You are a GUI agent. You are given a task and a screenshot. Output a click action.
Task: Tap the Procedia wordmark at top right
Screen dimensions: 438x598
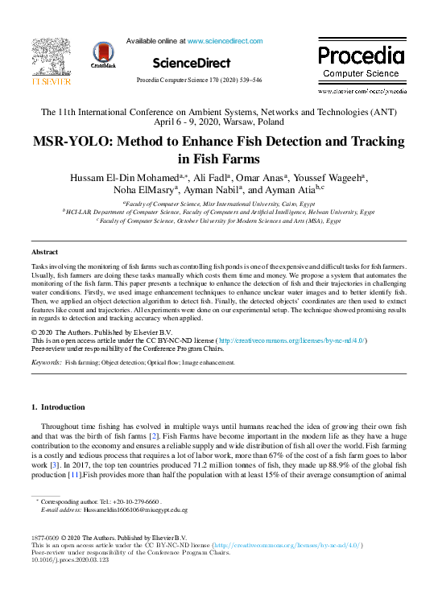pos(360,56)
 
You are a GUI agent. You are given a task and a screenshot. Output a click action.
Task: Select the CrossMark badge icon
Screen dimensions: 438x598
pos(104,53)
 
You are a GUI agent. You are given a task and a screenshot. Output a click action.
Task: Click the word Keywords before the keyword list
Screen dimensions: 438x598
pos(46,364)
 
